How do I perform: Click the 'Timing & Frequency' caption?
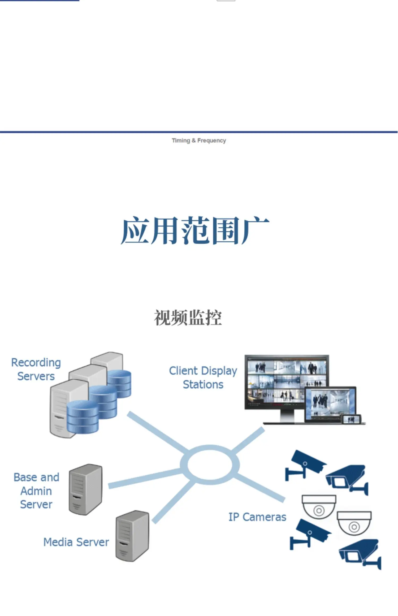click(199, 141)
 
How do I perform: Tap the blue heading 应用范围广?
click(195, 230)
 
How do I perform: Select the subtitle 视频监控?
click(188, 318)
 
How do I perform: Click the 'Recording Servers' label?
click(36, 369)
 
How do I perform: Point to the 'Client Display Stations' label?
click(203, 378)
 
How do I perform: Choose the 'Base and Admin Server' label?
click(36, 491)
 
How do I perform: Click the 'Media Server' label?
click(76, 542)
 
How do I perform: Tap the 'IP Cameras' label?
click(257, 517)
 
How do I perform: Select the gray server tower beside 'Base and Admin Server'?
click(85, 489)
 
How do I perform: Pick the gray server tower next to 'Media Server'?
click(132, 536)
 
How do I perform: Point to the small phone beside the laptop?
click(352, 419)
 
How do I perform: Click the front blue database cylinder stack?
click(83, 417)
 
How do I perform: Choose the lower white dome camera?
click(354, 523)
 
